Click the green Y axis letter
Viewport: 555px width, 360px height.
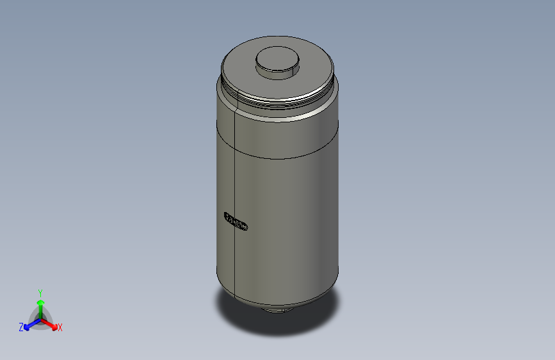40,291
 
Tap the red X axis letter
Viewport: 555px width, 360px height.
60,328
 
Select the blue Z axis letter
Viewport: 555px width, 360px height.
21,327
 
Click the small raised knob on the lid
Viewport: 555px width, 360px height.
277,59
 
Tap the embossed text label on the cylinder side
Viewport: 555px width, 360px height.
236,221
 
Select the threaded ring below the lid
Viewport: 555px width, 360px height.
278,102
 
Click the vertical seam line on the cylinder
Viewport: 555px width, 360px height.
236,192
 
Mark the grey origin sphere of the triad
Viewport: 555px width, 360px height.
40,318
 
